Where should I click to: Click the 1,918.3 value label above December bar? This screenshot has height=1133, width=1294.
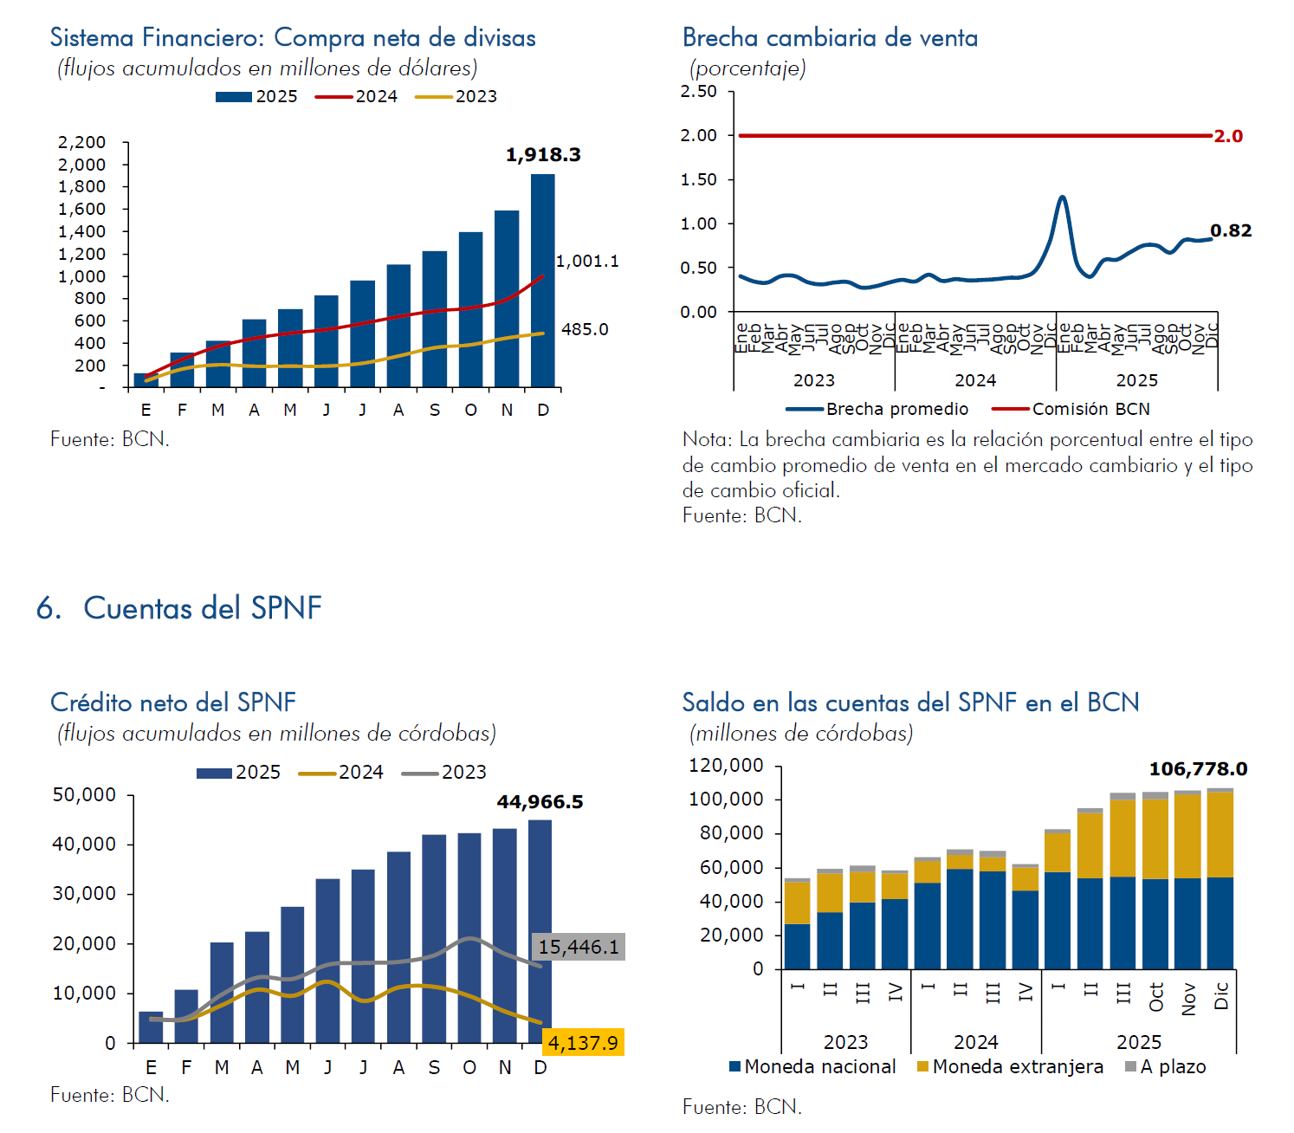click(x=543, y=155)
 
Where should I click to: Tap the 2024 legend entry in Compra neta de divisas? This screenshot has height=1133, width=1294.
click(x=356, y=96)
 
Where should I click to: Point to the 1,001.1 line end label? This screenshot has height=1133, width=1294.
click(x=587, y=261)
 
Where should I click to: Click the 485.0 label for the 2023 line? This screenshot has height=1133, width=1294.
click(x=585, y=329)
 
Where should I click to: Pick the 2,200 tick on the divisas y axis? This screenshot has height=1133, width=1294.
click(x=81, y=142)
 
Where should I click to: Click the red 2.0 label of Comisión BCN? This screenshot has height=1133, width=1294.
click(x=1228, y=136)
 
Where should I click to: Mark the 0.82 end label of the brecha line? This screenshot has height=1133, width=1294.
click(x=1231, y=230)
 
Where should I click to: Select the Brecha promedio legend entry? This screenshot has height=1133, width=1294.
click(x=877, y=409)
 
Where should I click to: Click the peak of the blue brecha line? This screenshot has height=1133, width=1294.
click(x=1062, y=197)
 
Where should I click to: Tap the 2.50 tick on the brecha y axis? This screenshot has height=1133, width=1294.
click(x=698, y=92)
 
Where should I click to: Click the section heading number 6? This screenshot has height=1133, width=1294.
click(x=48, y=608)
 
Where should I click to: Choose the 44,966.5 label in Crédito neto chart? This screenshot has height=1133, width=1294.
click(x=540, y=802)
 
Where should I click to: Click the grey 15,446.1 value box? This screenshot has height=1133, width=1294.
click(x=579, y=947)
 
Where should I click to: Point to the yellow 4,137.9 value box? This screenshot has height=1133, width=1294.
click(x=583, y=1042)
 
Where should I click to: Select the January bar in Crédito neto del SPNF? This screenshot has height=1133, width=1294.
click(x=151, y=1026)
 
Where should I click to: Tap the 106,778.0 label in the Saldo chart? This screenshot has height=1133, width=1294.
click(x=1198, y=769)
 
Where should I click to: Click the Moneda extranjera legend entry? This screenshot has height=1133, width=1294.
click(x=1010, y=1066)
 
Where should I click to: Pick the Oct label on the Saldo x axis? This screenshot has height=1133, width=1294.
click(x=1156, y=997)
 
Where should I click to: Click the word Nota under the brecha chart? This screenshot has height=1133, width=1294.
click(x=706, y=439)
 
